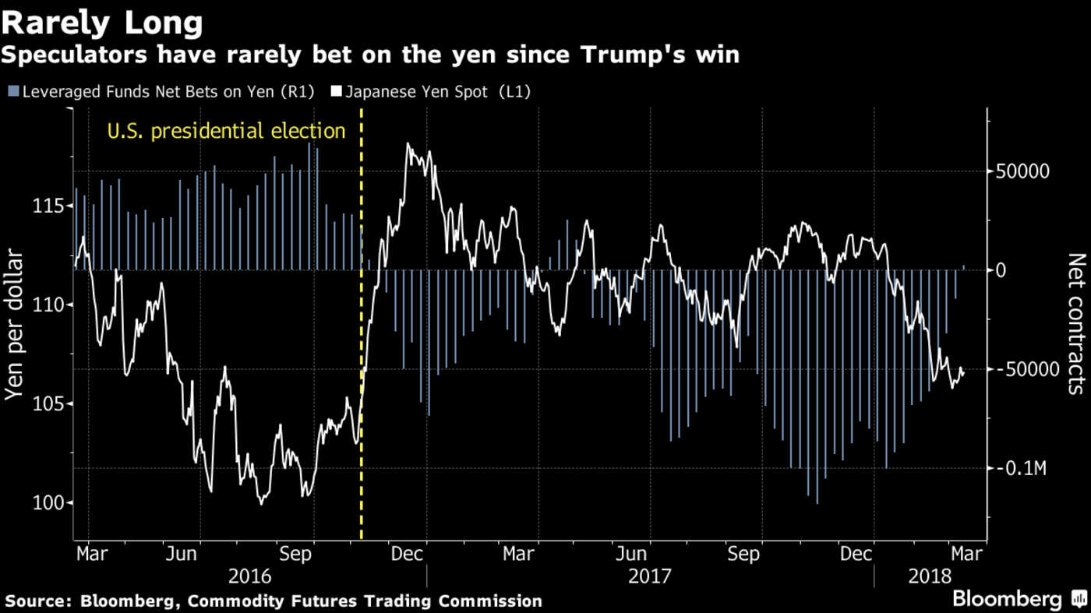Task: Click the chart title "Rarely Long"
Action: tap(102, 23)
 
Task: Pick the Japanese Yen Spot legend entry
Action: tap(432, 91)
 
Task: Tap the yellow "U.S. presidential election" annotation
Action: tap(226, 131)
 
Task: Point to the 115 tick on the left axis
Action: tap(49, 206)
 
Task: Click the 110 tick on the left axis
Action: tap(49, 305)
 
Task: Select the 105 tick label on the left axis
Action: tap(49, 403)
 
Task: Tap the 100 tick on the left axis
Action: tap(49, 502)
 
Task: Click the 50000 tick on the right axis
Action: tap(1019, 171)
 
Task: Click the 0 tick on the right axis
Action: tap(1001, 270)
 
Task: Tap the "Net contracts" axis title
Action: tap(1075, 323)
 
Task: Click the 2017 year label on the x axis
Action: tap(650, 576)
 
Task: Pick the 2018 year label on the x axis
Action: tap(930, 576)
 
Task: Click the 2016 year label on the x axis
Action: tap(249, 576)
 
